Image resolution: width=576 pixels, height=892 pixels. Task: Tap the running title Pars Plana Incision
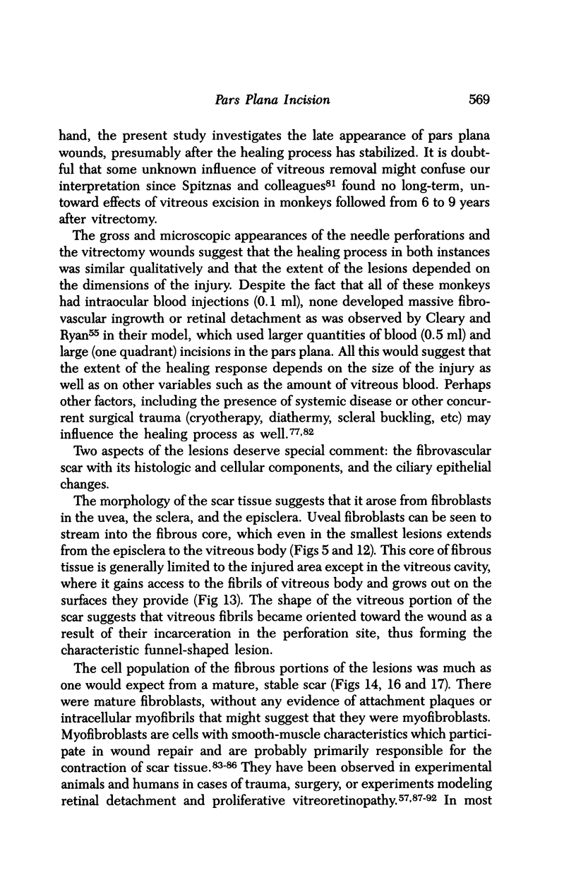coord(272,100)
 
